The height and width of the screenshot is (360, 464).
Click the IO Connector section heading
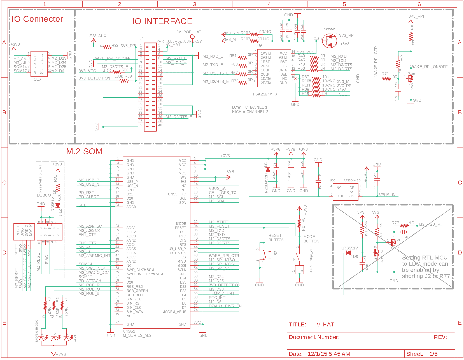tap(37, 19)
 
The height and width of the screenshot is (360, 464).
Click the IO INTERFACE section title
tap(162, 21)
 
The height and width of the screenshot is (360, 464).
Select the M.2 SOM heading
tap(84, 151)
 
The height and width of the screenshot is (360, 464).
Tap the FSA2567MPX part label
tap(265, 94)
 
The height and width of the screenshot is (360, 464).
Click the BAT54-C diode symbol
tap(330, 41)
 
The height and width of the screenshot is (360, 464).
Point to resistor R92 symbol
tap(107, 47)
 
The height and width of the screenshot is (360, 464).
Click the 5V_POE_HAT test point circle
tap(192, 37)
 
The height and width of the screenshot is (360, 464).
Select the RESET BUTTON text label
tap(276, 238)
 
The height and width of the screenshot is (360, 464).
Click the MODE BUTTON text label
tap(311, 239)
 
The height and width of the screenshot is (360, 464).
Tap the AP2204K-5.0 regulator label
tap(352, 181)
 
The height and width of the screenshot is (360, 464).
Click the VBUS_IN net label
tap(387, 195)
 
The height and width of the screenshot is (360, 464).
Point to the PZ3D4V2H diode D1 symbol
tap(268, 170)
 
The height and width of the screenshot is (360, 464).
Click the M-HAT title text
tap(325, 324)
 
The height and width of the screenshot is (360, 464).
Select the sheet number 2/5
tap(433, 354)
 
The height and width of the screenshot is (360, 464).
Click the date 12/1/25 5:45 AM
tap(329, 354)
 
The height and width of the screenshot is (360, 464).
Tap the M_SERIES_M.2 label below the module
tap(137, 335)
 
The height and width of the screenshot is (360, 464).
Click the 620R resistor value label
tap(50, 312)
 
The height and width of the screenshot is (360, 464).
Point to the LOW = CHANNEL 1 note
tap(250, 107)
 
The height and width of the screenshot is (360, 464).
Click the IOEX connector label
tap(37, 79)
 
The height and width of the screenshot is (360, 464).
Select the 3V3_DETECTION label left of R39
tap(94, 78)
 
